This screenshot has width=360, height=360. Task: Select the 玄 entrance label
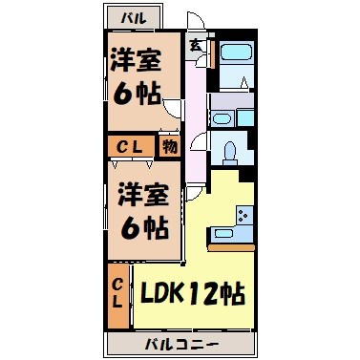point(195,44)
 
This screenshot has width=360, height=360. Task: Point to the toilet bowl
point(230,151)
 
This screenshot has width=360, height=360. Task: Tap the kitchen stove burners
point(244,216)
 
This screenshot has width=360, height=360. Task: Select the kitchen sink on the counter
point(222,233)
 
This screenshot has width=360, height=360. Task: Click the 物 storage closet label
point(168,147)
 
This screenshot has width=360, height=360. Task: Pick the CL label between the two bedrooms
point(131,147)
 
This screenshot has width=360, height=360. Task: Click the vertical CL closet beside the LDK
point(117,291)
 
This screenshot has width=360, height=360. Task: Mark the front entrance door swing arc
point(195,24)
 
